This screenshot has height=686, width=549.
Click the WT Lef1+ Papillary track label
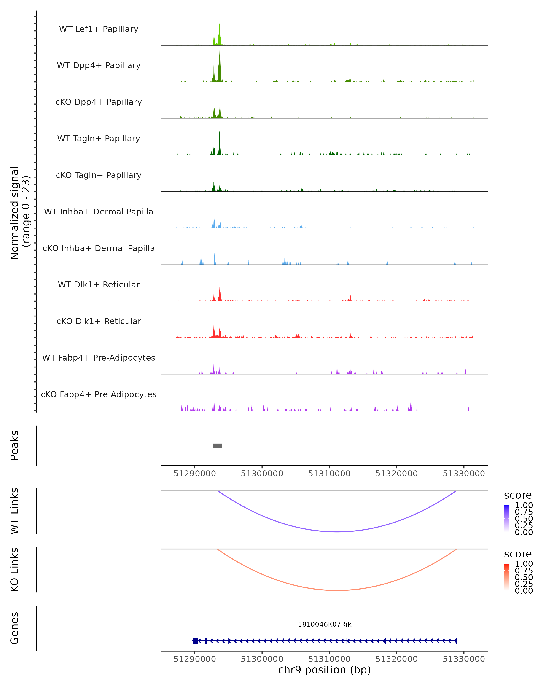pyautogui.click(x=99, y=29)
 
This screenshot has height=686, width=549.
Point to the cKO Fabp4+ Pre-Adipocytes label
pyautogui.click(x=99, y=394)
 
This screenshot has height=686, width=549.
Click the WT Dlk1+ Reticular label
pyautogui.click(x=99, y=284)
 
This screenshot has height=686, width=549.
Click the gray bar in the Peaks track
pyautogui.click(x=217, y=445)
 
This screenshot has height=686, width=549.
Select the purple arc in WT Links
pyautogui.click(x=337, y=532)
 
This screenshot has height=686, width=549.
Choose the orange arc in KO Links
pyautogui.click(x=337, y=590)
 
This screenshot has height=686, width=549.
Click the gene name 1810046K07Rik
pyautogui.click(x=325, y=624)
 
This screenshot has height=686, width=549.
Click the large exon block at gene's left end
pyautogui.click(x=195, y=640)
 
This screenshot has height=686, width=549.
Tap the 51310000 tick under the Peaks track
pyautogui.click(x=329, y=474)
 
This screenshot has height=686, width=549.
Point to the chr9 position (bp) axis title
pyautogui.click(x=325, y=670)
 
